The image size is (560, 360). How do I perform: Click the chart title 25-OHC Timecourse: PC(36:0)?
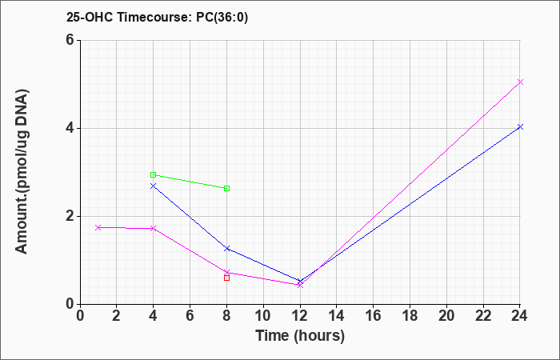[x=157, y=17]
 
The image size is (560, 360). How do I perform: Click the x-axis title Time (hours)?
[x=300, y=336]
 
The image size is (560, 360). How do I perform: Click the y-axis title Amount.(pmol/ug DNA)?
[x=22, y=172]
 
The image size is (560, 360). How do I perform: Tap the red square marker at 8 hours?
[x=226, y=278]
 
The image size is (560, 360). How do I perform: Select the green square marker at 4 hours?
[x=154, y=174]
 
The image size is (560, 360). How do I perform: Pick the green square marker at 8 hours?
[x=226, y=188]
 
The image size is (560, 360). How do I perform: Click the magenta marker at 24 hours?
[x=520, y=82]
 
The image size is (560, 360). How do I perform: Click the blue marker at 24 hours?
[x=520, y=126]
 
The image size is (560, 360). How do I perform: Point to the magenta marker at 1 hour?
[x=98, y=227]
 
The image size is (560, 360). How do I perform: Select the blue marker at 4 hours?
[x=154, y=186]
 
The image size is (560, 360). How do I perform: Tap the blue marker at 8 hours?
[x=226, y=248]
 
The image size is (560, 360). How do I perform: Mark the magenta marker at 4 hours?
[x=154, y=228]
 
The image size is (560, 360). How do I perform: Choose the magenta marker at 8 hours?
[x=226, y=273]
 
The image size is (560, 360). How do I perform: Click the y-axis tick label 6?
[x=70, y=40]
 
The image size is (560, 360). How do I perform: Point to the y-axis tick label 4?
[x=70, y=128]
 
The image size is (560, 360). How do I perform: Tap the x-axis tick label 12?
[x=300, y=316]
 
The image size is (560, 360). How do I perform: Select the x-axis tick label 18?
[x=410, y=316]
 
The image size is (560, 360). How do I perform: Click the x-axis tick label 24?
[x=520, y=316]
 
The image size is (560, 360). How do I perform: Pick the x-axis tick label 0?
[x=80, y=316]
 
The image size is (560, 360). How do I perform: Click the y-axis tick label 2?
[x=70, y=217]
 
